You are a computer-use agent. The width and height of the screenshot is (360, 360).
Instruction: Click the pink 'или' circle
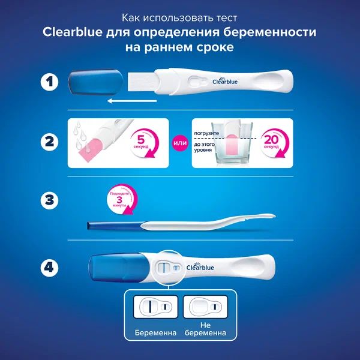coord(178,142)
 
